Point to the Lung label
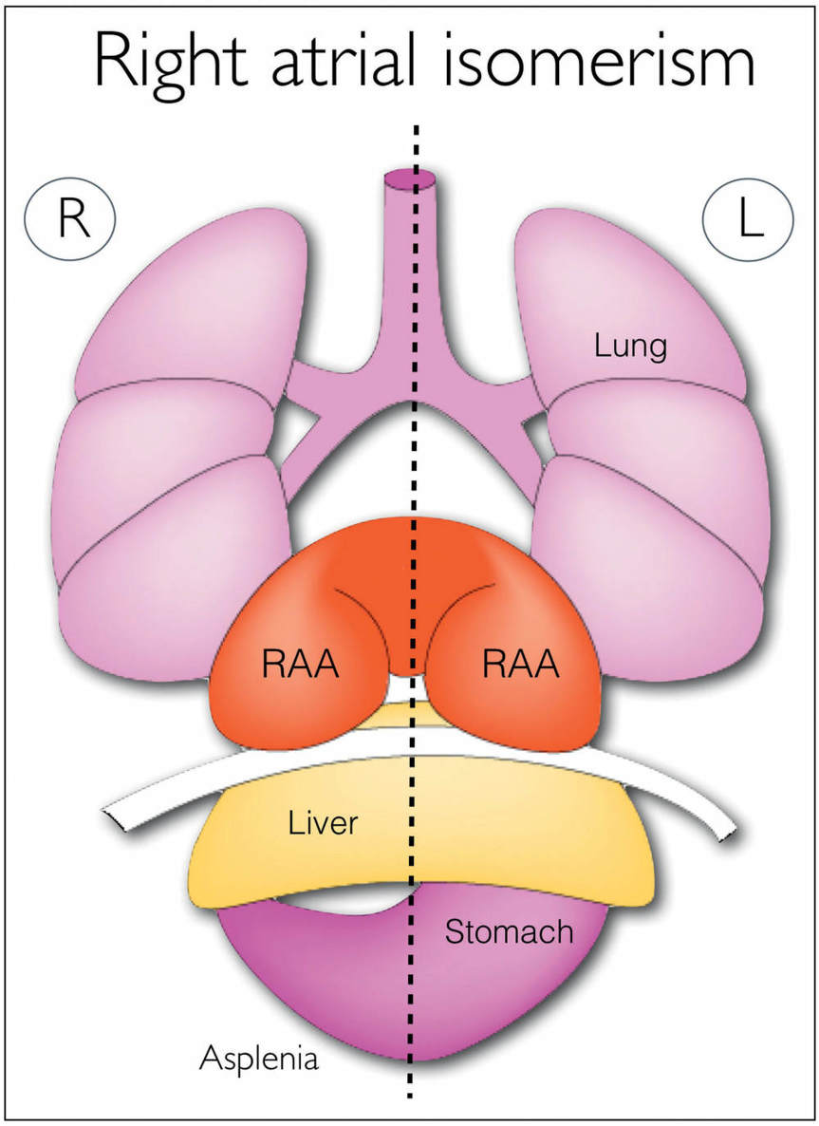click(x=631, y=347)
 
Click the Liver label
click(x=324, y=821)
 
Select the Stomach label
click(x=510, y=932)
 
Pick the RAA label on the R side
click(x=302, y=665)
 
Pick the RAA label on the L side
click(x=520, y=665)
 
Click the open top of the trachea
click(x=410, y=178)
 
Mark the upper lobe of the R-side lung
click(x=190, y=304)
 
